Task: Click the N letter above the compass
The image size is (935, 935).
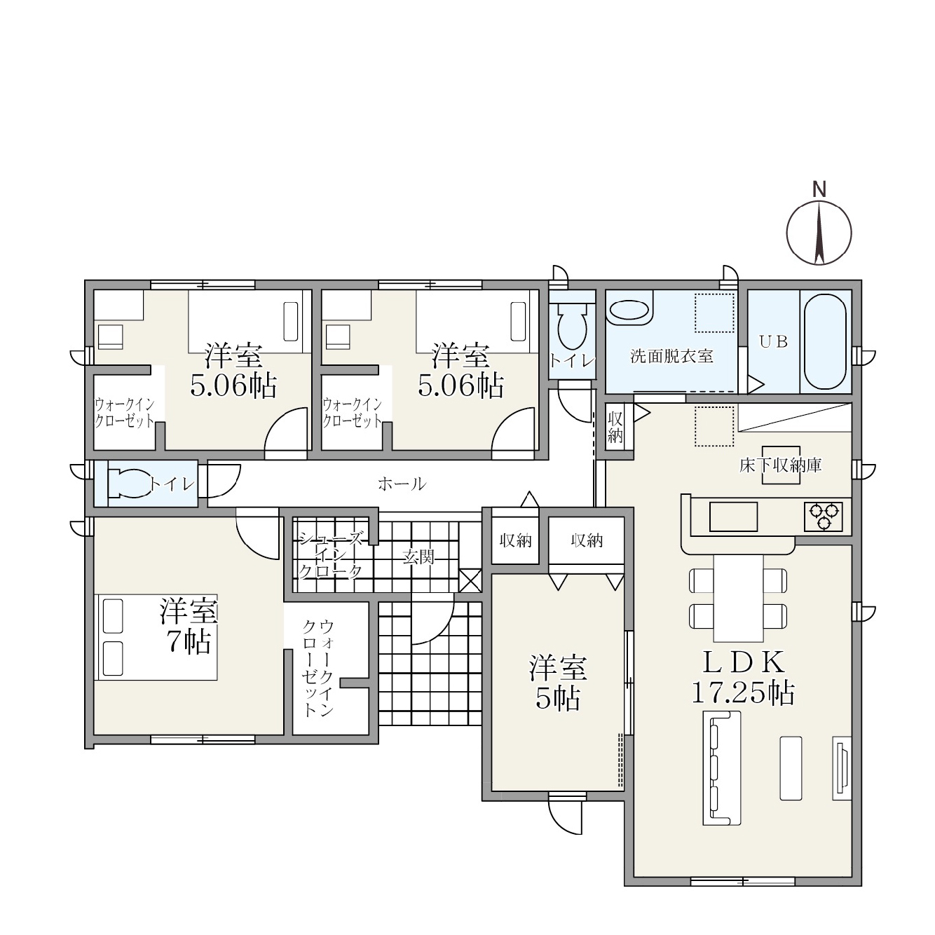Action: [819, 189]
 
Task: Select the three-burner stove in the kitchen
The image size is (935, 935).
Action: [824, 517]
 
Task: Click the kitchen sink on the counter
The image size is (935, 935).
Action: [733, 517]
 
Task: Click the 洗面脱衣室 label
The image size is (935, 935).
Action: [671, 357]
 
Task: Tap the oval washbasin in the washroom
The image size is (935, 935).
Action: [629, 310]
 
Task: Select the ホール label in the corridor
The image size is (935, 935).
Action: [402, 484]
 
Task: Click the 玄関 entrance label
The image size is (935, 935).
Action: [418, 557]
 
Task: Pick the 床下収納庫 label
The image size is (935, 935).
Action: [781, 465]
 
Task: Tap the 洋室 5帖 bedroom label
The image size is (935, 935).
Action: [558, 683]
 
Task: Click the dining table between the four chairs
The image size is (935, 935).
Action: [738, 599]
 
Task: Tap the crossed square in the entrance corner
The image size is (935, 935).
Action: [470, 580]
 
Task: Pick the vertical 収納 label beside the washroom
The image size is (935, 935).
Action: [615, 428]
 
